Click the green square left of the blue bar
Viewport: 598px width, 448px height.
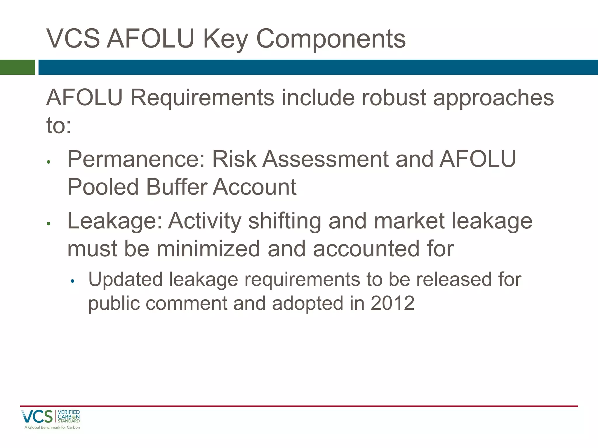(x=17, y=67)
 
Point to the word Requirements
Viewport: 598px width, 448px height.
(x=202, y=97)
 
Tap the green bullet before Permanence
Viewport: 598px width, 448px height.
(x=49, y=162)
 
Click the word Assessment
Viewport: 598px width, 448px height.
(x=325, y=159)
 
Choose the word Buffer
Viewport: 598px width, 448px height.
(x=177, y=187)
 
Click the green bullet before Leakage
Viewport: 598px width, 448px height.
(x=49, y=224)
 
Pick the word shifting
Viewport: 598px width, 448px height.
(x=285, y=221)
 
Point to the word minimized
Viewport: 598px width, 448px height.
(x=208, y=249)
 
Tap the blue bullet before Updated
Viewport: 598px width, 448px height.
(x=73, y=281)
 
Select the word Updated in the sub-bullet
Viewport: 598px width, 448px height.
(x=125, y=279)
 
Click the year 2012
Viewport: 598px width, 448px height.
(x=392, y=303)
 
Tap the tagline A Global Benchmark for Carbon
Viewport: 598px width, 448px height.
(x=52, y=427)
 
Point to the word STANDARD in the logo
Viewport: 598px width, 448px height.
(x=69, y=421)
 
